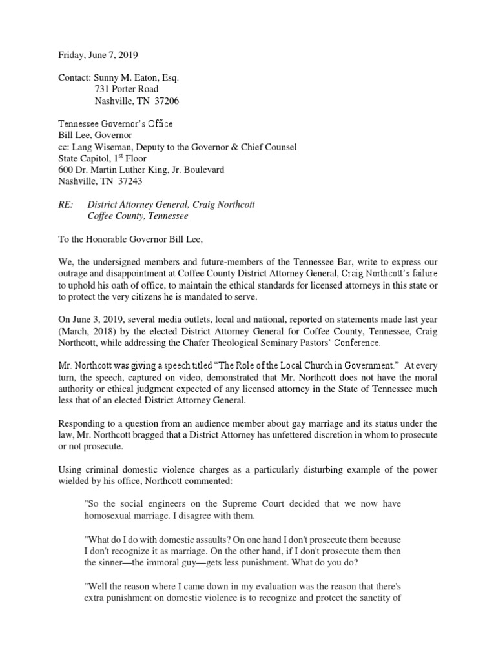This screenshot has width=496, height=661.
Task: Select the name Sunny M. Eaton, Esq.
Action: click(x=137, y=77)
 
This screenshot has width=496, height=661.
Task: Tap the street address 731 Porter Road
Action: click(x=127, y=89)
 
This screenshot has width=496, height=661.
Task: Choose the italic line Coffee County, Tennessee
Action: click(x=138, y=216)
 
